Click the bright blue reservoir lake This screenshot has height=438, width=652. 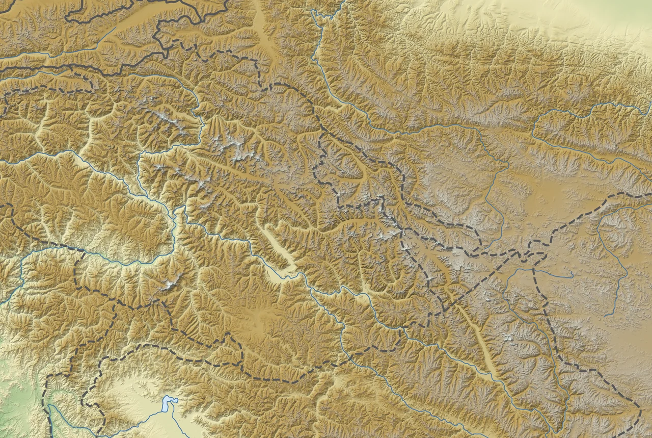(x=168, y=404)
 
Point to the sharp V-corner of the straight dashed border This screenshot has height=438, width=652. (x=445, y=310)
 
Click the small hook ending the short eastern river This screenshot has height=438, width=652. (x=573, y=275)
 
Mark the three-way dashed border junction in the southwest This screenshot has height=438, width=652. (x=76, y=252)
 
